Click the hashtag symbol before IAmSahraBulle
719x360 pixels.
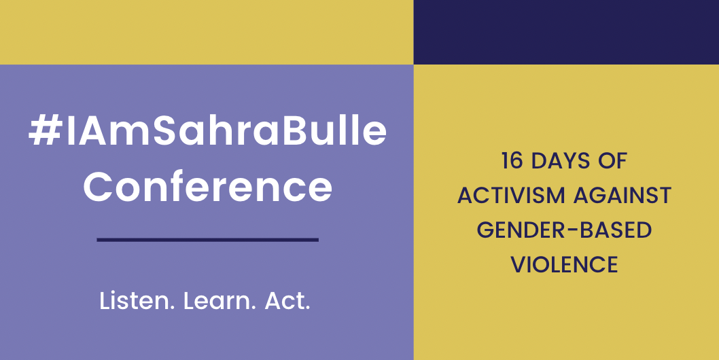point(45,131)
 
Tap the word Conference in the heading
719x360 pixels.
point(208,187)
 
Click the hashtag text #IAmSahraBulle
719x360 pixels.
point(208,131)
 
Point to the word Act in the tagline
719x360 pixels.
point(285,302)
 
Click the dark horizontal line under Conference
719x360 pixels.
point(208,239)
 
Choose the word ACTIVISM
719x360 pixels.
point(511,196)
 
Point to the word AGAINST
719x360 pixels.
point(622,196)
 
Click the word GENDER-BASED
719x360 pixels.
point(565,230)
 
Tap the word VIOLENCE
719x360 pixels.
point(565,265)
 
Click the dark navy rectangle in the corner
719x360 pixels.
point(566,32)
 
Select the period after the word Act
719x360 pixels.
point(307,308)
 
